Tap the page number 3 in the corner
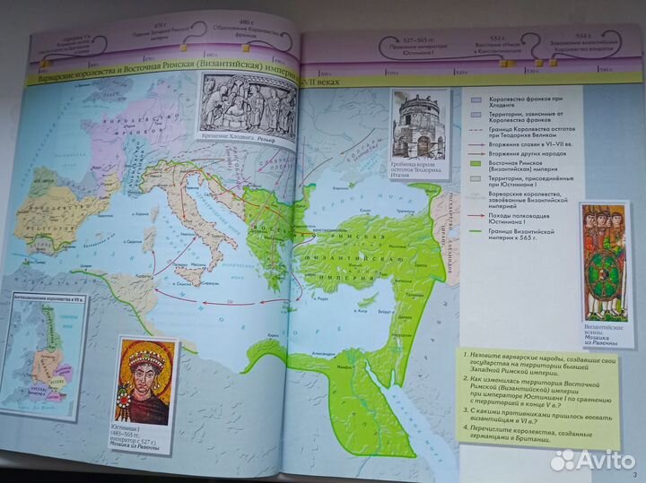[x=634, y=474]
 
